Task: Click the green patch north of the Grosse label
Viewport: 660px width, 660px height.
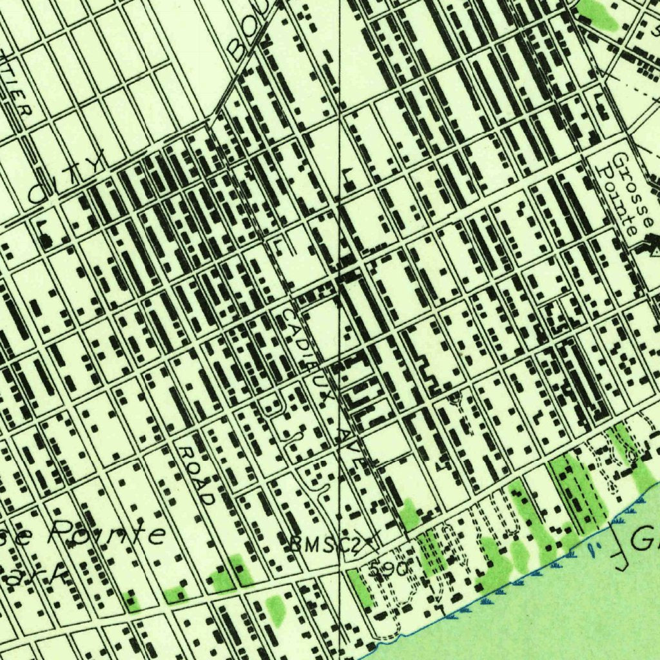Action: [x=599, y=14]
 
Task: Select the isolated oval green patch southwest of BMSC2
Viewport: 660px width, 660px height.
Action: [x=276, y=609]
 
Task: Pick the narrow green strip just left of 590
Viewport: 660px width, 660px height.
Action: [x=361, y=586]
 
